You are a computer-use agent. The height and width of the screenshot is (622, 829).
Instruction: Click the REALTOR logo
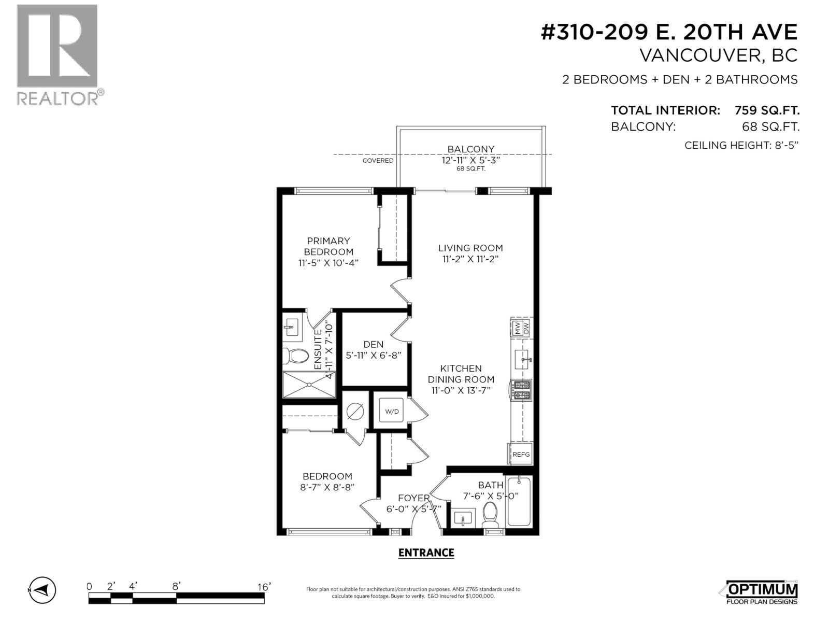pyautogui.click(x=57, y=54)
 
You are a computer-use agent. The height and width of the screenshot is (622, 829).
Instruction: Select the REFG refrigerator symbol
pyautogui.click(x=521, y=455)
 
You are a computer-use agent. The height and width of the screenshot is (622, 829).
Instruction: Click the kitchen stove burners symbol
pyautogui.click(x=521, y=390)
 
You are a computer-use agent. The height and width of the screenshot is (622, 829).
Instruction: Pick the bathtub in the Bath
pyautogui.click(x=519, y=501)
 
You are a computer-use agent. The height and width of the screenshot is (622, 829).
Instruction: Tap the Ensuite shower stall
pyautogui.click(x=309, y=385)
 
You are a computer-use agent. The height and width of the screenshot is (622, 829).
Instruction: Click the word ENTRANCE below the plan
pyautogui.click(x=426, y=553)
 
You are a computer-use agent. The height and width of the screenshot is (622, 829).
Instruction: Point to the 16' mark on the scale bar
pyautogui.click(x=264, y=587)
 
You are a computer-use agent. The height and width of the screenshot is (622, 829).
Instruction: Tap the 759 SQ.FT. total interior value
pyautogui.click(x=767, y=110)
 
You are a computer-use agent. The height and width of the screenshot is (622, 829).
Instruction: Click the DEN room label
pyautogui.click(x=374, y=344)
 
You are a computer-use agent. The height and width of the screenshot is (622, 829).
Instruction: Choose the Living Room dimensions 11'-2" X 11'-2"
pyautogui.click(x=470, y=259)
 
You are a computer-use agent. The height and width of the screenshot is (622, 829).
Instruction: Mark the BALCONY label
pyautogui.click(x=470, y=149)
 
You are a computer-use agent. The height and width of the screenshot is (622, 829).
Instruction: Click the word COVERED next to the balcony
pyautogui.click(x=378, y=161)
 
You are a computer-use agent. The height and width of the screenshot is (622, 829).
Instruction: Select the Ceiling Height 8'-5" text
pyautogui.click(x=741, y=145)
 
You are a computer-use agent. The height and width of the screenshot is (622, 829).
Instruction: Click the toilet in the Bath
pyautogui.click(x=490, y=514)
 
